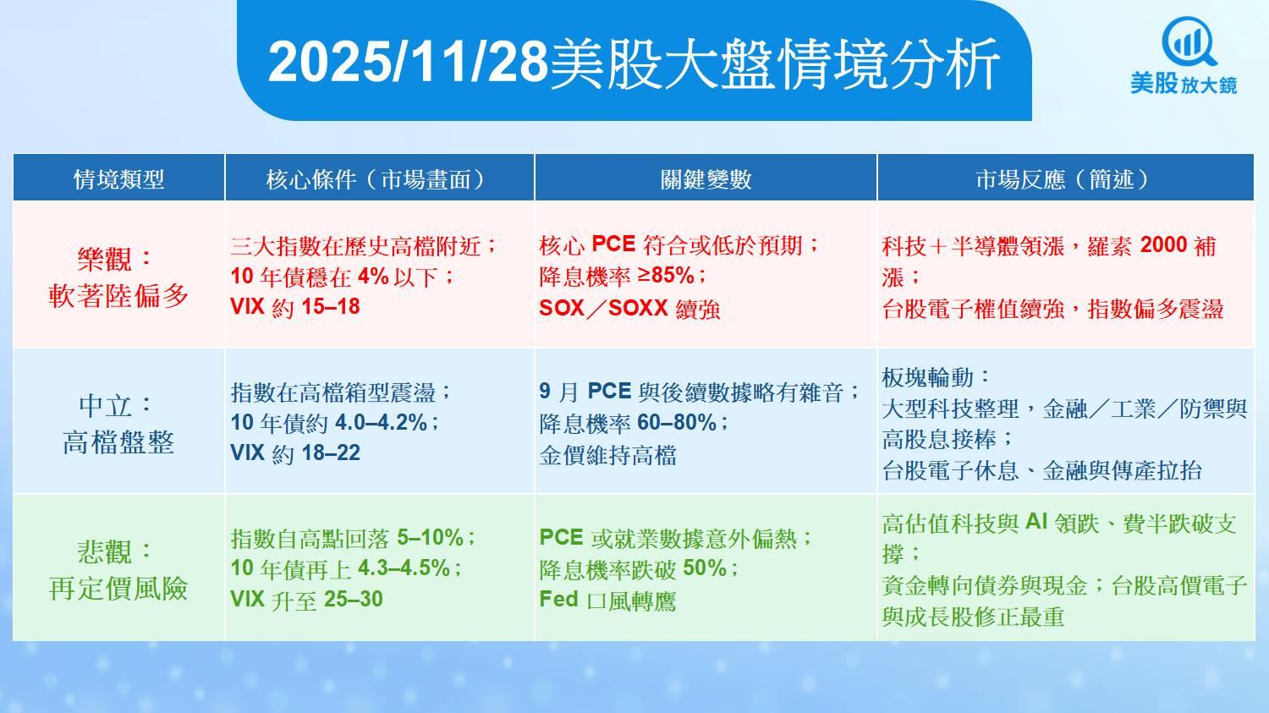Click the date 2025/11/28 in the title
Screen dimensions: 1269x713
tap(408, 63)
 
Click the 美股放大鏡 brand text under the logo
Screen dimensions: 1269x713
tap(1184, 84)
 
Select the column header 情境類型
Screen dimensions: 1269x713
tap(119, 179)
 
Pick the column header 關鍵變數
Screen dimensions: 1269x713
tap(706, 179)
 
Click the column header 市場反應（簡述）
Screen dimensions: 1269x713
tap(1065, 179)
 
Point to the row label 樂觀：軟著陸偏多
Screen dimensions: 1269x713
tap(118, 277)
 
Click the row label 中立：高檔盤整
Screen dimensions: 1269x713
tap(118, 424)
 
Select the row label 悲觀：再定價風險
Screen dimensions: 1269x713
tap(118, 570)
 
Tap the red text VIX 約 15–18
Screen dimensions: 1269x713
tap(295, 307)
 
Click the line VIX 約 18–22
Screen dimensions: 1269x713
tap(295, 453)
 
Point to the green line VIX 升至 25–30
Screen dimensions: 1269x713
tap(306, 599)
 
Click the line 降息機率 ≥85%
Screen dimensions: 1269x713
tap(624, 277)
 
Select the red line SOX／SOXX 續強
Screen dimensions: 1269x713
tap(629, 309)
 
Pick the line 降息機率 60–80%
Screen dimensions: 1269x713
tap(634, 423)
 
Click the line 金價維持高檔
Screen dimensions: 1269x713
tap(608, 455)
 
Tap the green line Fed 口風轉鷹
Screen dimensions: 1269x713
tap(608, 601)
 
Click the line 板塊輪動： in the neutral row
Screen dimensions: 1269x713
tap(936, 377)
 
